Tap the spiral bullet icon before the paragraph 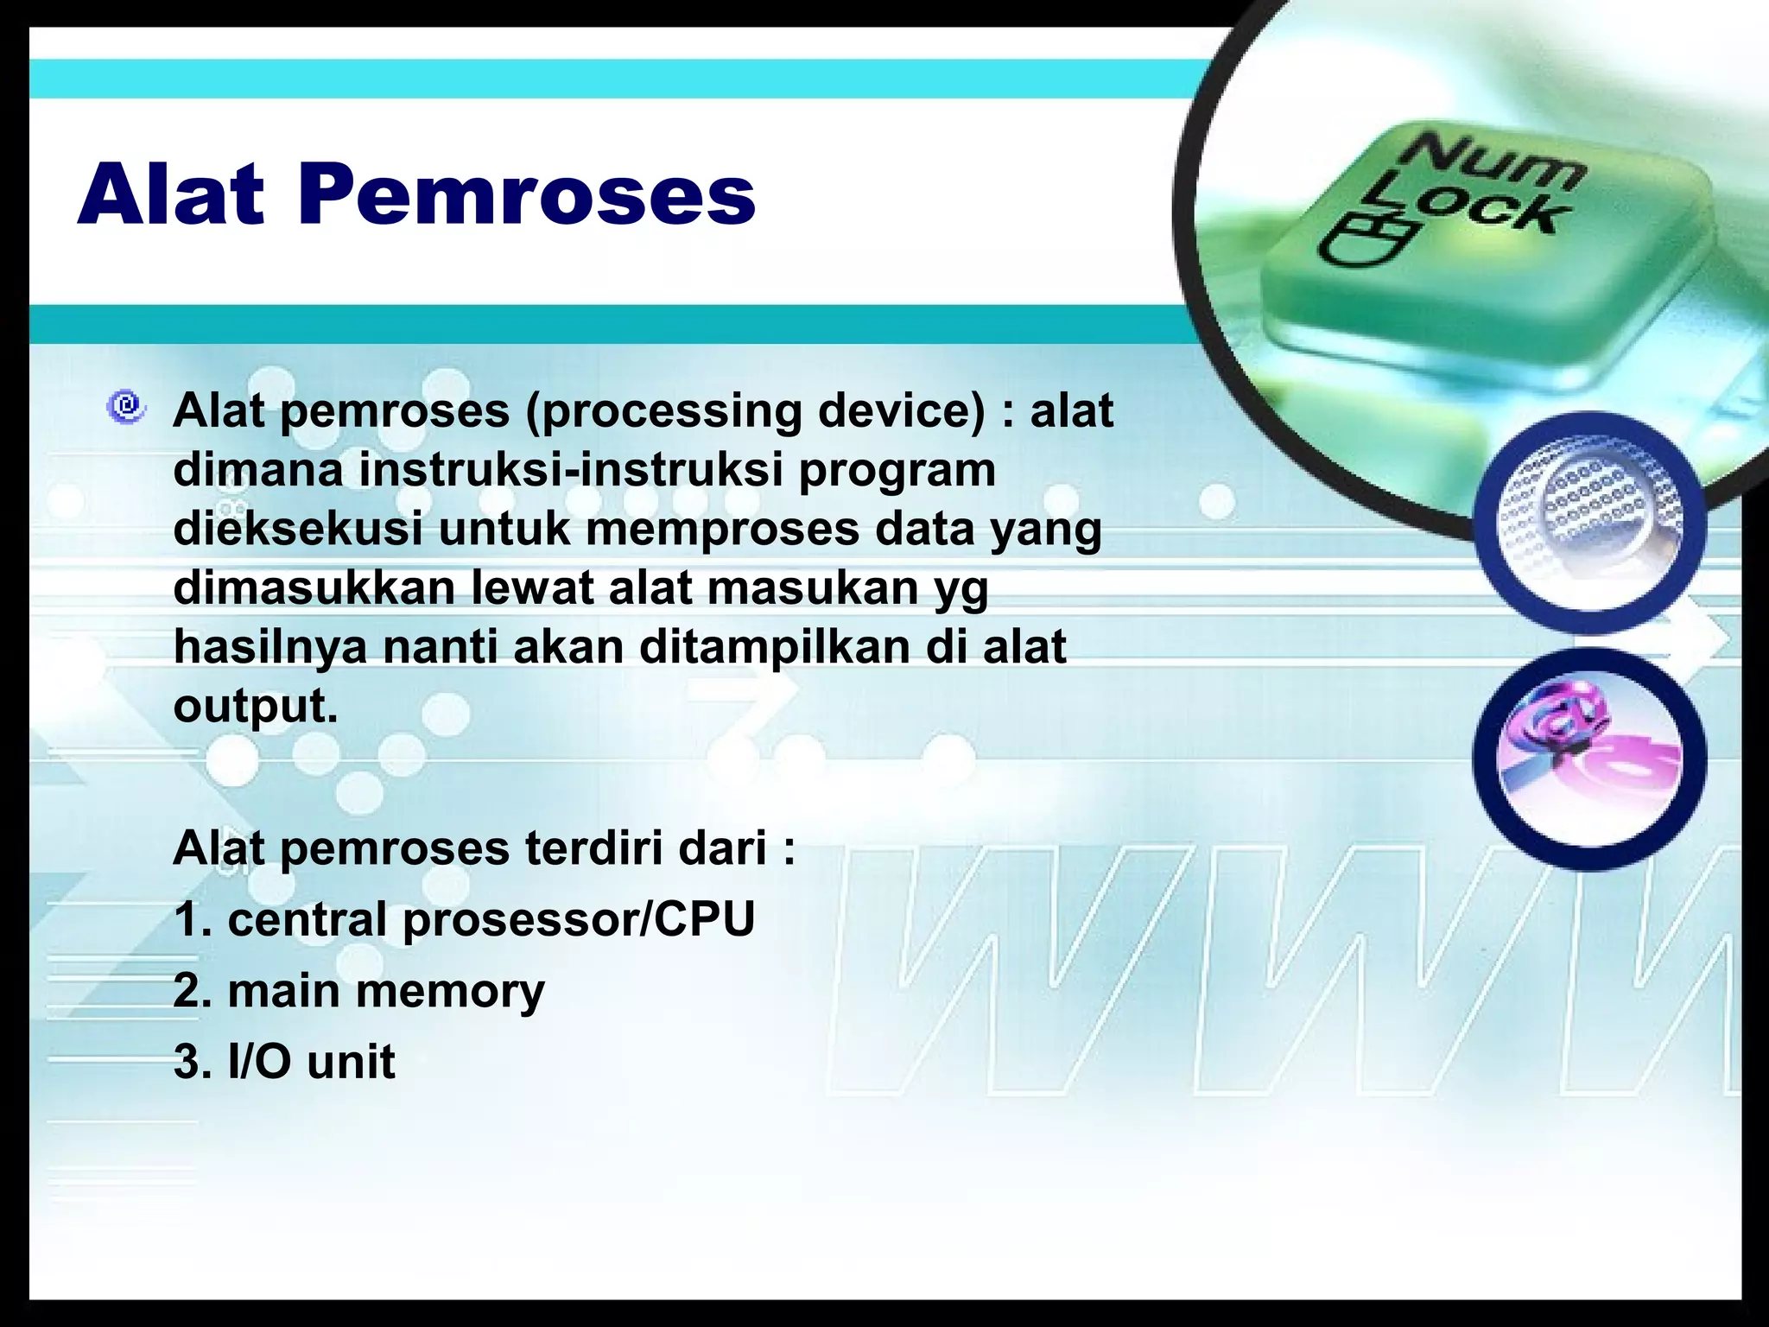pyautogui.click(x=126, y=406)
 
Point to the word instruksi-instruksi pyautogui.click(x=571, y=471)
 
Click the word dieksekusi pyautogui.click(x=298, y=529)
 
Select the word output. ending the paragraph pyautogui.click(x=256, y=707)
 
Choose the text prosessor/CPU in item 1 pyautogui.click(x=579, y=919)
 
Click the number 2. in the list pyautogui.click(x=194, y=991)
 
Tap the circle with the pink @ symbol pyautogui.click(x=1589, y=758)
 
